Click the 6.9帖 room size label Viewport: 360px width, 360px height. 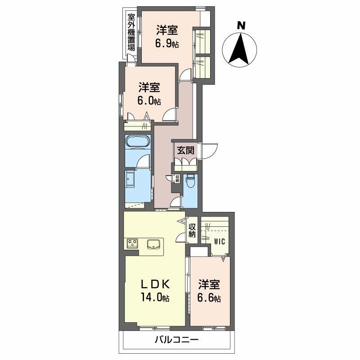pyautogui.click(x=167, y=44)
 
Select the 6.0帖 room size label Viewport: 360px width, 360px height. pyautogui.click(x=149, y=101)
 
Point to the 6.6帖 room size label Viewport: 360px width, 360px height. pyautogui.click(x=210, y=297)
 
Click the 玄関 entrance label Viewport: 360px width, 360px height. pyautogui.click(x=184, y=150)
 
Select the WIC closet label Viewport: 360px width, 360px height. pyautogui.click(x=220, y=241)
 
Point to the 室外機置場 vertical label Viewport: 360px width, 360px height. pyautogui.click(x=131, y=34)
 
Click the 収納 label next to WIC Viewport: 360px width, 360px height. pyautogui.click(x=192, y=230)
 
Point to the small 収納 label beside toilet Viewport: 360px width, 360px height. pyautogui.click(x=177, y=179)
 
